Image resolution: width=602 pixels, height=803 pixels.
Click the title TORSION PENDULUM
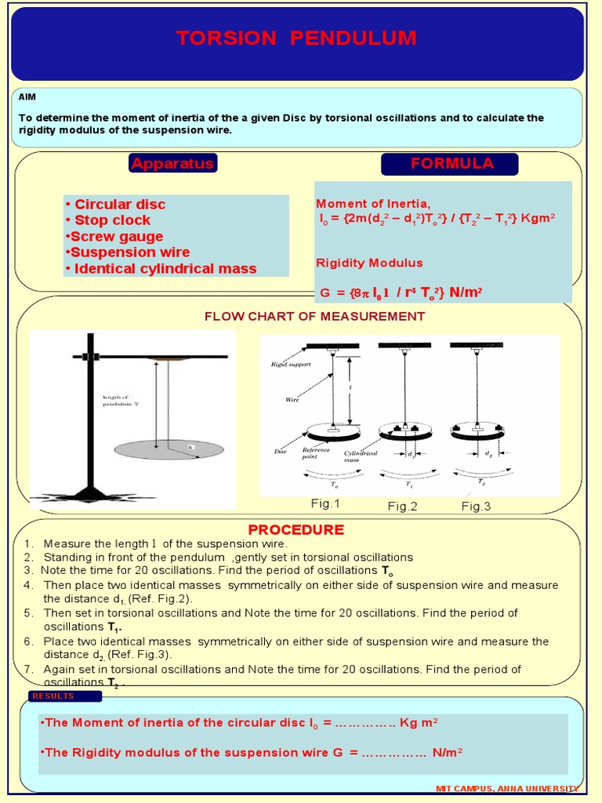(x=296, y=38)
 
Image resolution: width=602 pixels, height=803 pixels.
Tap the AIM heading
(x=27, y=96)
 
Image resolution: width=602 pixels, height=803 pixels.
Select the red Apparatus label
(x=172, y=163)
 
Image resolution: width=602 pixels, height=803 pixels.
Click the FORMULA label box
(x=449, y=163)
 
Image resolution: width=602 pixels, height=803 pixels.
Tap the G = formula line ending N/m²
(x=401, y=292)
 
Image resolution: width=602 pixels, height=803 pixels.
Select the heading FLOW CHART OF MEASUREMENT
(x=314, y=316)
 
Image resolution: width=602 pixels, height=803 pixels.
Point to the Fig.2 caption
(x=402, y=507)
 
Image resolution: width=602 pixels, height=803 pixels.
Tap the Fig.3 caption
(x=476, y=507)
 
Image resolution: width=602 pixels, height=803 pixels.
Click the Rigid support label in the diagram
(x=291, y=365)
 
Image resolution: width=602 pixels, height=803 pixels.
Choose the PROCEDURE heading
(x=296, y=529)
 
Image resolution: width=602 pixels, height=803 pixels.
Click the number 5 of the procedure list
(x=28, y=612)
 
